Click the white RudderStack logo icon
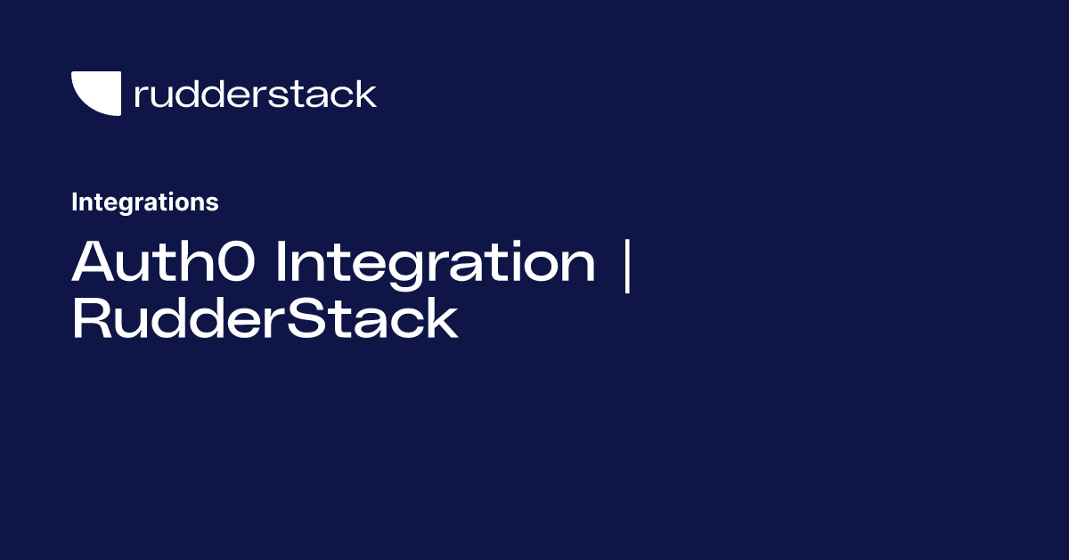click(96, 94)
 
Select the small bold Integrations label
click(144, 202)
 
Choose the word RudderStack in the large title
click(265, 320)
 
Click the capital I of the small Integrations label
click(75, 202)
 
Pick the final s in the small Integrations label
click(213, 204)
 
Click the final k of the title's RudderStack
click(443, 320)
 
